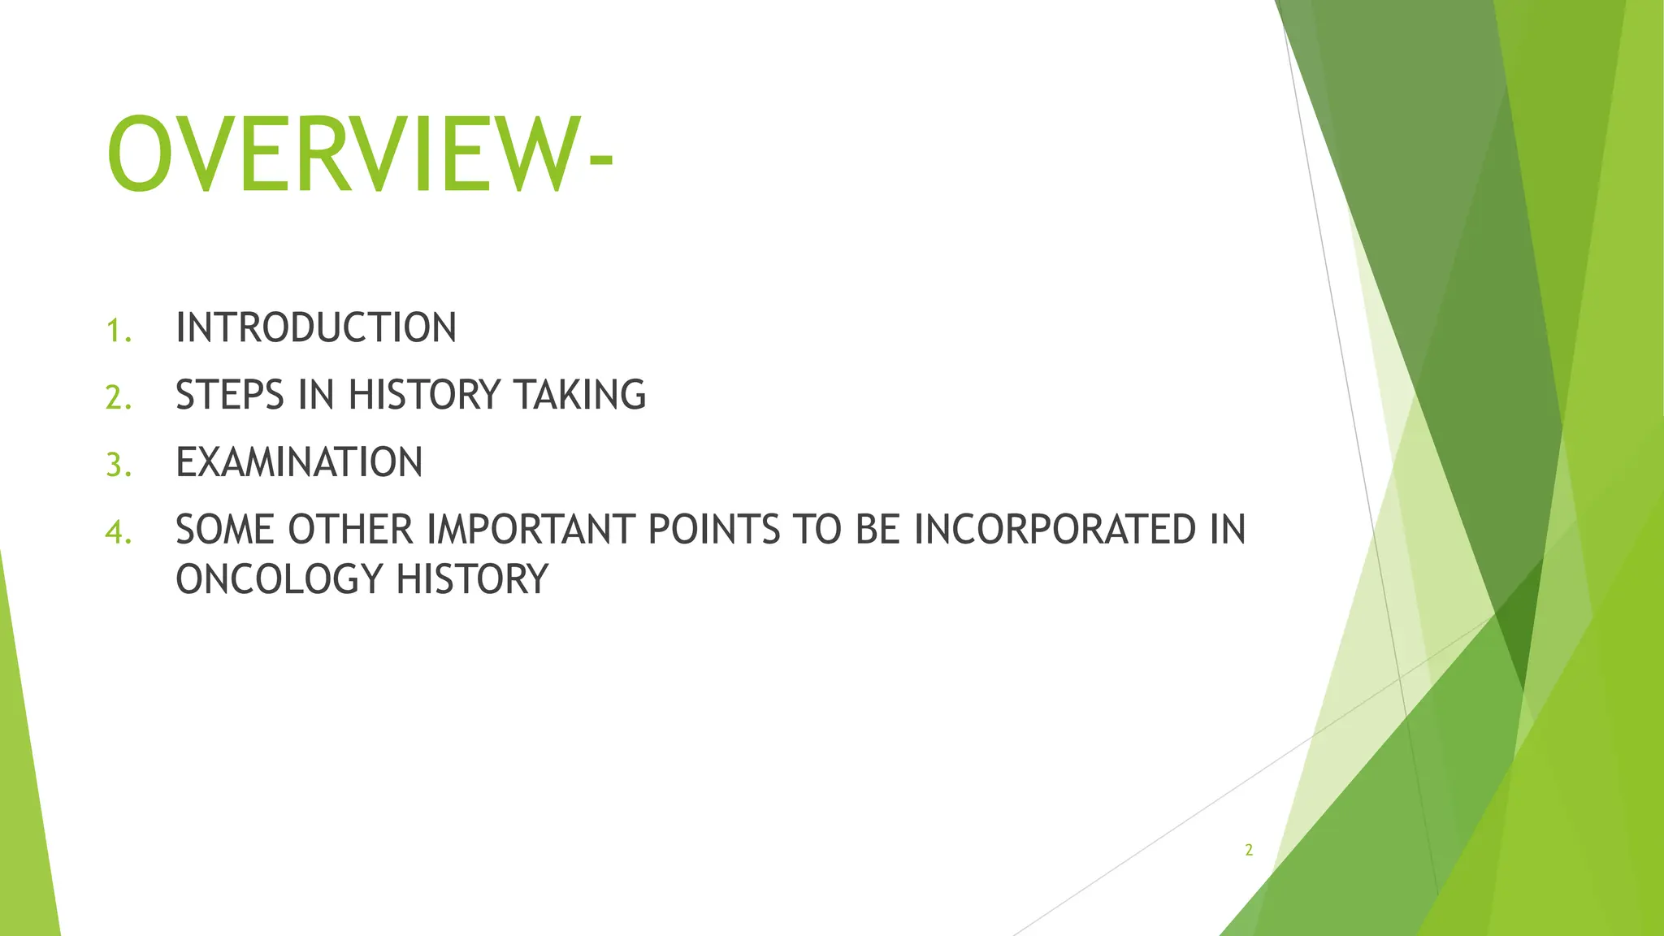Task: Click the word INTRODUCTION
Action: [316, 328]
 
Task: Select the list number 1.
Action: [118, 331]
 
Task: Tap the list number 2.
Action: [118, 398]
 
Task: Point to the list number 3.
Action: [118, 466]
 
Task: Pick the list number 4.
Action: [118, 533]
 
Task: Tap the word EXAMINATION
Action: [299, 462]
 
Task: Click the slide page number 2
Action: [1249, 851]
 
